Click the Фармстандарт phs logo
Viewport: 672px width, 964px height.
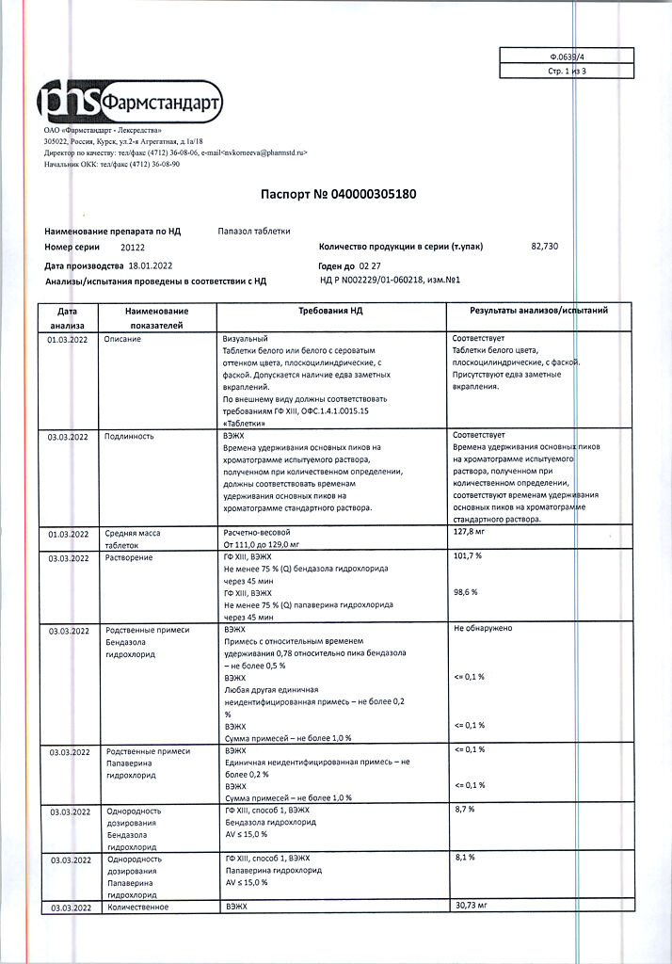[x=129, y=101]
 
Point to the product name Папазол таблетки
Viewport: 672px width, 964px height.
[x=254, y=230]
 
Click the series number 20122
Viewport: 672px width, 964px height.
[x=133, y=247]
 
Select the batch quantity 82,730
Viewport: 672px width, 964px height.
[x=544, y=246]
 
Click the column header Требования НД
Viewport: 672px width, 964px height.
[x=333, y=310]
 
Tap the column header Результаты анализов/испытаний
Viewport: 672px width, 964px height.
[x=538, y=310]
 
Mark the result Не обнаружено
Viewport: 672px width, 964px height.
[x=483, y=628]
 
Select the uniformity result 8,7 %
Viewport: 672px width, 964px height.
[x=464, y=810]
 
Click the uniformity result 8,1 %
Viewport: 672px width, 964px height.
[x=464, y=858]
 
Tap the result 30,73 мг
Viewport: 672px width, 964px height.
[x=470, y=906]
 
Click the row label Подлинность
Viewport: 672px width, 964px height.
[x=130, y=437]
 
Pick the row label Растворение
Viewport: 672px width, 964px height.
[x=130, y=557]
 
